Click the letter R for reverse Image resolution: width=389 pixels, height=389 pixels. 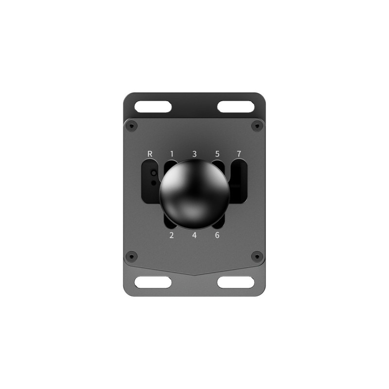150,154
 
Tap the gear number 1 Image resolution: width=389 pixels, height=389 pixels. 172,154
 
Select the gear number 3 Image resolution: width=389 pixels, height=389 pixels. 194,154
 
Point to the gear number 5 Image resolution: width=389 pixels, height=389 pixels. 217,154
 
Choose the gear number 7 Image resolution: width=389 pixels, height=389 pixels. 239,154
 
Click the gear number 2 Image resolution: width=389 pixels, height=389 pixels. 172,236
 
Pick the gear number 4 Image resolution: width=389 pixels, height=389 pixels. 194,236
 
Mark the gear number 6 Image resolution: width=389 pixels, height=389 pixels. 217,236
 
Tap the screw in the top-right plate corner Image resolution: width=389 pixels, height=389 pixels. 257,126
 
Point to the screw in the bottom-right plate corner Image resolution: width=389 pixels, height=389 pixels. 257,256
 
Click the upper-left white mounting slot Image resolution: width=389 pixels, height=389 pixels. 153,107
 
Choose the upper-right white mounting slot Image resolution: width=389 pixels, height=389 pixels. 235,107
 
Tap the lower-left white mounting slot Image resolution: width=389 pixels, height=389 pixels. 153,282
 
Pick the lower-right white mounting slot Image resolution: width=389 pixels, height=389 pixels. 235,282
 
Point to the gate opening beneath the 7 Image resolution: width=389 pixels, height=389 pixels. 239,182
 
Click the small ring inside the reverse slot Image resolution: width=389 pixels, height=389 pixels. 154,173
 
